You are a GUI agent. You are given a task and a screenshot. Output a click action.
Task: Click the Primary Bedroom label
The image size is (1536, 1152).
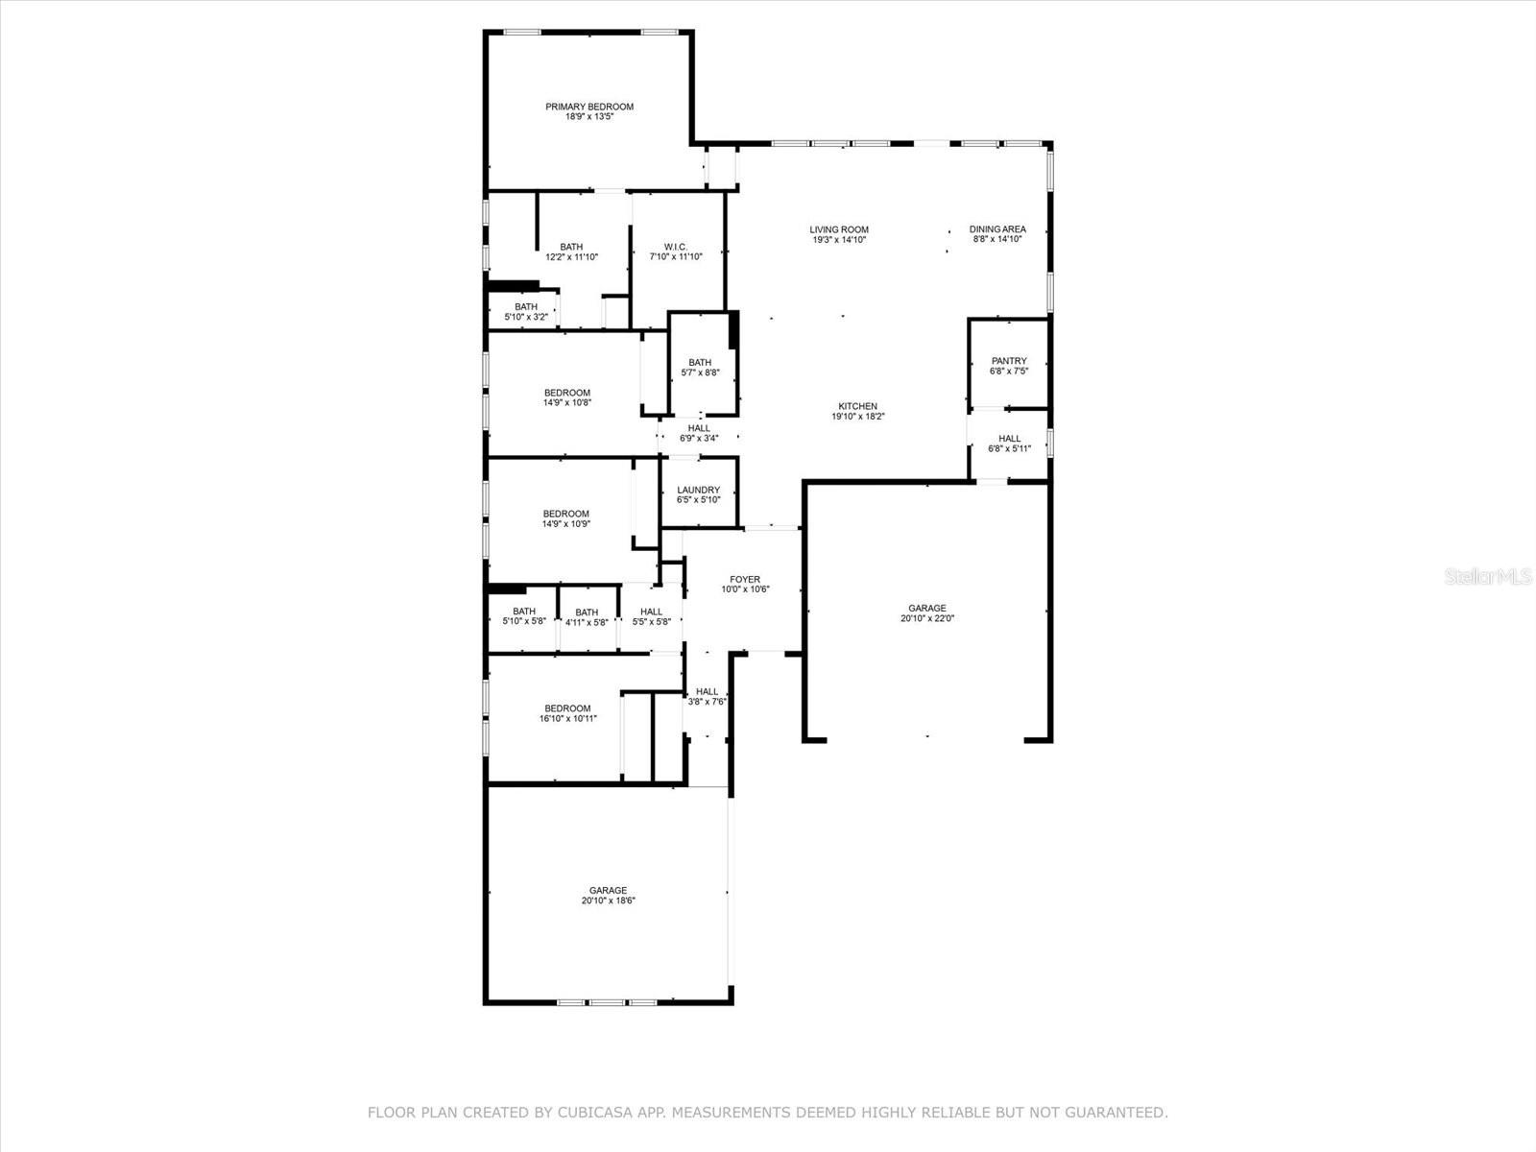point(589,107)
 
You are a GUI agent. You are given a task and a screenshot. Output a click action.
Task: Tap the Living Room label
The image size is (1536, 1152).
point(839,229)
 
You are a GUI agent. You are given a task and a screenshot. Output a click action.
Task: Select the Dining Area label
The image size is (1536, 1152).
point(997,228)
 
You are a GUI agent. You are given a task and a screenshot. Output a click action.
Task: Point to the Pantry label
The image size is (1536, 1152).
point(1008,361)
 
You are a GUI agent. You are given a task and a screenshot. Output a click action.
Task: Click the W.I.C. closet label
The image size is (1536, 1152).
point(675,247)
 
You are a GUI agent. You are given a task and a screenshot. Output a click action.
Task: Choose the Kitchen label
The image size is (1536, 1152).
point(858,406)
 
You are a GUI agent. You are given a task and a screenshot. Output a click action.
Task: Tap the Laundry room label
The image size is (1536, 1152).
point(698,491)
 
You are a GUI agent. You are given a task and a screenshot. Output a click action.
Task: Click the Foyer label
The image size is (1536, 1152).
point(745,580)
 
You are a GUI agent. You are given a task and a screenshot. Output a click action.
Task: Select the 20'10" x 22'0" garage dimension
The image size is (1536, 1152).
point(927,618)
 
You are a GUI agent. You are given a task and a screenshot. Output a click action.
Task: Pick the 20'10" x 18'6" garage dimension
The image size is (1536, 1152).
point(608,900)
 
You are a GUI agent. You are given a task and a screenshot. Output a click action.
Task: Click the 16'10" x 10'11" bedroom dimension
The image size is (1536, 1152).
point(567,718)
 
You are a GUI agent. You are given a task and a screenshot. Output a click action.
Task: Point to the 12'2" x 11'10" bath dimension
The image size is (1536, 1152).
point(572,256)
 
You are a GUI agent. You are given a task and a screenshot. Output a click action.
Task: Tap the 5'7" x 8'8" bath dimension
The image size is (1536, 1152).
point(700,372)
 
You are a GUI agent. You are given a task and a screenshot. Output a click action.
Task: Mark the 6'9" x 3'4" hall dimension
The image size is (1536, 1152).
point(698,439)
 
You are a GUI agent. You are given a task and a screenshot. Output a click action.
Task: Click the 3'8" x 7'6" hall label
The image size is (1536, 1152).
point(707,697)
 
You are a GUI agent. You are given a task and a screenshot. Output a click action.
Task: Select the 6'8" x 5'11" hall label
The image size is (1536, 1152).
point(1009,444)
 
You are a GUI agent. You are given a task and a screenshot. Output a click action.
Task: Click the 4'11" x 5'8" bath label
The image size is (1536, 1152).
point(587,617)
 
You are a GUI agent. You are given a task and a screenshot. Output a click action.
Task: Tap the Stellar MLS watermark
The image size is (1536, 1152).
point(1488,576)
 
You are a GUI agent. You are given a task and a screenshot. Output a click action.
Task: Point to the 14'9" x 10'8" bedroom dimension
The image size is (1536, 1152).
point(566,402)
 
